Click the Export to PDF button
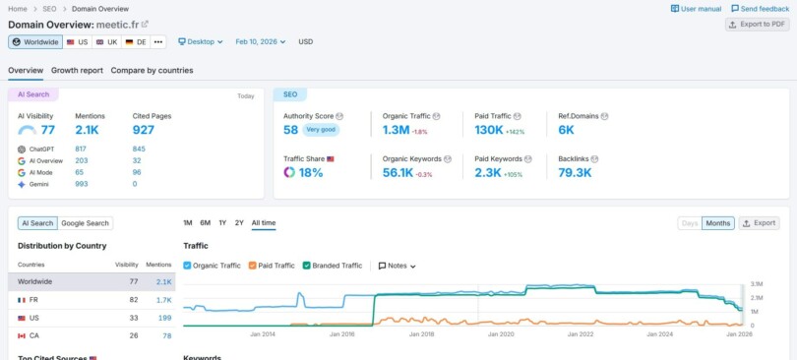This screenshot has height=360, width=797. pos(757,25)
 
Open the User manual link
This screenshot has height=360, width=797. pos(696,9)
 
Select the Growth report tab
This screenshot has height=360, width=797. pos(77,71)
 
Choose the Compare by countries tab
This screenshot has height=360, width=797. pos(152,71)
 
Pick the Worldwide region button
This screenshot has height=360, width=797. pos(35,42)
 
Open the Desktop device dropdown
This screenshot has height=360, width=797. pos(201,42)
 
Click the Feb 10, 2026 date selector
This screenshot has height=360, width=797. pos(261,42)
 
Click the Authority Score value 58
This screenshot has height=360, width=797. pos(290,130)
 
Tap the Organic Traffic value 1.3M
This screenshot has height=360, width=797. pos(396,130)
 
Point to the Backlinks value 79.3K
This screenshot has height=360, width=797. pos(575,172)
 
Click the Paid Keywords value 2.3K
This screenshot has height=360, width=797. pos(487,172)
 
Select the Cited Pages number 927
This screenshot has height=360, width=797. pos(144,130)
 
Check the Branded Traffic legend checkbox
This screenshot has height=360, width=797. pos(307,266)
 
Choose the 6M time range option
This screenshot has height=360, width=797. pos(205,223)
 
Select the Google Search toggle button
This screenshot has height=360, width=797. pos(86,223)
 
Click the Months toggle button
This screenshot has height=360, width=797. pos(717,223)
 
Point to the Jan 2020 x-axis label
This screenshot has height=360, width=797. pos(501,334)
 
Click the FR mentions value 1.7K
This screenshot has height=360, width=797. pos(163,299)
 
